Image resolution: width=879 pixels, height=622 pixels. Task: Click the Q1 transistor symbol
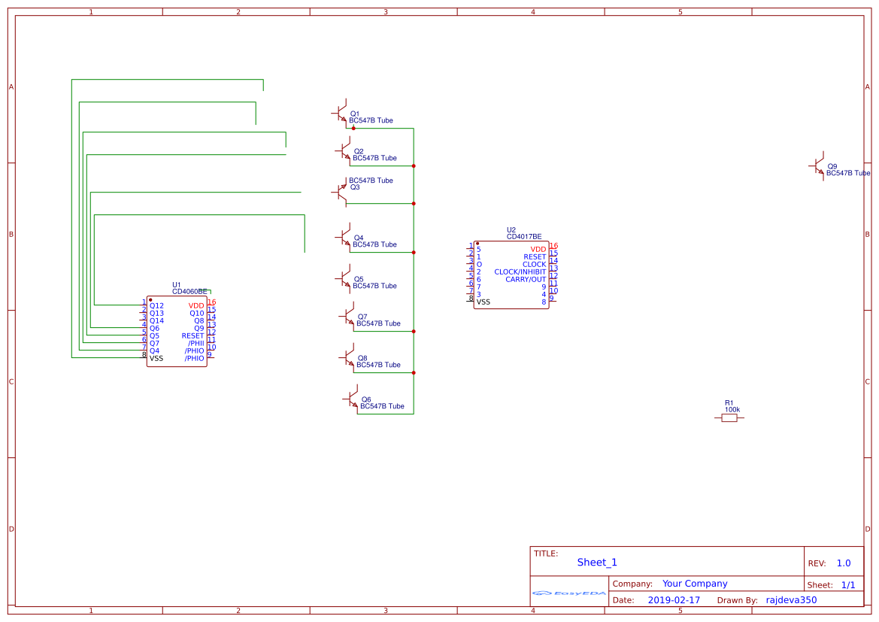point(340,113)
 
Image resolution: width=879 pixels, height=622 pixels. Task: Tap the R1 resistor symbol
point(729,417)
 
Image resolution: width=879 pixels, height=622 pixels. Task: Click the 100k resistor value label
point(732,410)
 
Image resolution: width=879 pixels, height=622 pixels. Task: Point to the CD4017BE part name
point(523,237)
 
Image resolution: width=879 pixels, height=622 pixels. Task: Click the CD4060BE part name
point(189,291)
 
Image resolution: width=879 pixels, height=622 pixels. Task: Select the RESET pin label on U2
point(535,257)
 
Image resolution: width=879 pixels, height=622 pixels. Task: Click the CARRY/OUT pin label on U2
point(526,280)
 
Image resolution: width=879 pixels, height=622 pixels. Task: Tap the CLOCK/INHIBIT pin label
point(520,272)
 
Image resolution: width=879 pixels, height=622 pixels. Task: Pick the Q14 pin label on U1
point(156,321)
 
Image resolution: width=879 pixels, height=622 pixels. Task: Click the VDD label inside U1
point(196,306)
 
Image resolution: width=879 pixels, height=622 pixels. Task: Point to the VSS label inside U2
point(483,302)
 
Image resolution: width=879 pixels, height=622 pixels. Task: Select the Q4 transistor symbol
point(344,237)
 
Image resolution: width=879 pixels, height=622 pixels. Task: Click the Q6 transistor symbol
point(351,399)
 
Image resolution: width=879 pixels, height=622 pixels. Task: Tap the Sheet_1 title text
point(597,563)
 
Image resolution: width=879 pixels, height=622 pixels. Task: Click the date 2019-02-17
point(674,600)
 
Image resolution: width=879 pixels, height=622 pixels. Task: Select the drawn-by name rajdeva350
point(791,600)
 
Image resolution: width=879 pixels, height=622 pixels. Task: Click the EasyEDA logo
point(569,593)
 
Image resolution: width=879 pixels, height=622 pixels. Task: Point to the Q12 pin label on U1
point(156,306)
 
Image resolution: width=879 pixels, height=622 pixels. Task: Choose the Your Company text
point(695,584)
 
